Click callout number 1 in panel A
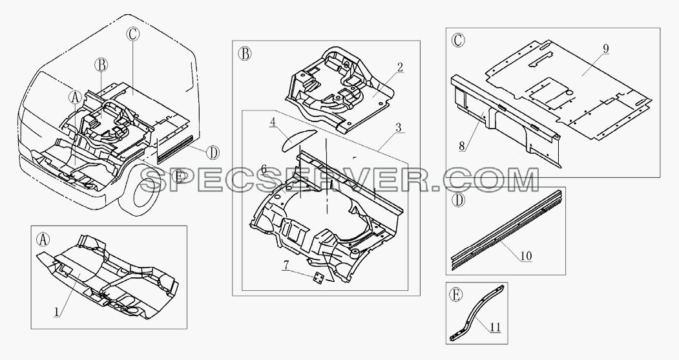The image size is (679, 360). tap(56, 311)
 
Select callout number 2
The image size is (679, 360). tap(400, 68)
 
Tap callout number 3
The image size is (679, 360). tap(399, 128)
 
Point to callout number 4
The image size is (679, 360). tap(273, 123)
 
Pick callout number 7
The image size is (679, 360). tap(286, 265)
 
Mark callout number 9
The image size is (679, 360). tap(605, 48)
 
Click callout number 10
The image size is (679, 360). tap(526, 255)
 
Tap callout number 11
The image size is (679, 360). tap(496, 327)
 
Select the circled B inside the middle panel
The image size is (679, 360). tap(244, 54)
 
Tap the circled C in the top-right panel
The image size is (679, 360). tap(458, 40)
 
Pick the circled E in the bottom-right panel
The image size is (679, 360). tap(455, 295)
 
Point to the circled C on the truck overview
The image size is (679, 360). tap(132, 34)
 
